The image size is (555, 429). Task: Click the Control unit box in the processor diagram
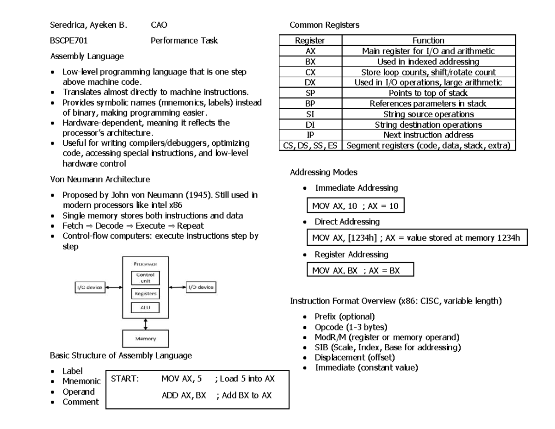pyautogui.click(x=145, y=278)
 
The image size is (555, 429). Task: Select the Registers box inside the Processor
pyautogui.click(x=145, y=293)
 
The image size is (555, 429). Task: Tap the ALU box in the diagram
pyautogui.click(x=145, y=307)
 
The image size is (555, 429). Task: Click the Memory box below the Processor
pyautogui.click(x=145, y=338)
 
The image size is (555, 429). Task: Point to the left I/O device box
pyautogui.click(x=90, y=287)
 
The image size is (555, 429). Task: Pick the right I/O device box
pyautogui.click(x=201, y=287)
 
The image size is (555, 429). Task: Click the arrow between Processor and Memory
pyautogui.click(x=145, y=322)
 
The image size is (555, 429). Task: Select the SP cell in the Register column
pyautogui.click(x=309, y=93)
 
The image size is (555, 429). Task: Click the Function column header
pyautogui.click(x=428, y=41)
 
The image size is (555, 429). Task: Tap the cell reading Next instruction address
pyautogui.click(x=428, y=135)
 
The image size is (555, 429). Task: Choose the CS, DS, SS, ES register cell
pyautogui.click(x=309, y=146)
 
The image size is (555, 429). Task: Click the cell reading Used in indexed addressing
pyautogui.click(x=428, y=62)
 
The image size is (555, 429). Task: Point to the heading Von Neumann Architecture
pyautogui.click(x=99, y=179)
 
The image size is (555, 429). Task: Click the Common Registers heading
pyautogui.click(x=324, y=25)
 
